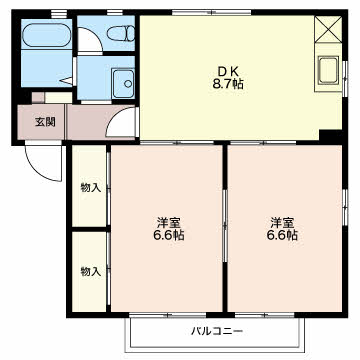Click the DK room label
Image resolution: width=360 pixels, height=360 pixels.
click(228, 71)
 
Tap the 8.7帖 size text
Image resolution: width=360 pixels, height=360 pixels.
click(228, 84)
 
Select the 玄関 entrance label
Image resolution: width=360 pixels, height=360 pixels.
click(45, 122)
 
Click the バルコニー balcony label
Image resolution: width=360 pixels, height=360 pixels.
click(217, 332)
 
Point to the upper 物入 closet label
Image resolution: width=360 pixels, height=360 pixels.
click(90, 188)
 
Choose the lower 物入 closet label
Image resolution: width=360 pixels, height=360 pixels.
click(90, 272)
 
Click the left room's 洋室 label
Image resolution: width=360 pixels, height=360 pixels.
click(168, 222)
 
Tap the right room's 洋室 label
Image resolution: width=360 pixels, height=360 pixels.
click(282, 222)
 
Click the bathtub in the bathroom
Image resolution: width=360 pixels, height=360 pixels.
click(46, 35)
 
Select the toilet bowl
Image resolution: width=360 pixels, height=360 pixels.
click(121, 34)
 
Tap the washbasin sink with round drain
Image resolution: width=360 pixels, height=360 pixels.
click(123, 83)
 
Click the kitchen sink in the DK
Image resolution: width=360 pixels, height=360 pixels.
click(329, 70)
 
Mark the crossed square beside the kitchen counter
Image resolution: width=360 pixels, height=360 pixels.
click(328, 29)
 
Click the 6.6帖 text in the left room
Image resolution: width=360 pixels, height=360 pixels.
click(168, 235)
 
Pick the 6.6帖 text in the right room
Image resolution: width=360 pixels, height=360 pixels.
click(282, 235)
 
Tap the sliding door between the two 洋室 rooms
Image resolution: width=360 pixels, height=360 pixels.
click(225, 226)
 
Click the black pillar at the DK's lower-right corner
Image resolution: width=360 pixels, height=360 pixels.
click(331, 135)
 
